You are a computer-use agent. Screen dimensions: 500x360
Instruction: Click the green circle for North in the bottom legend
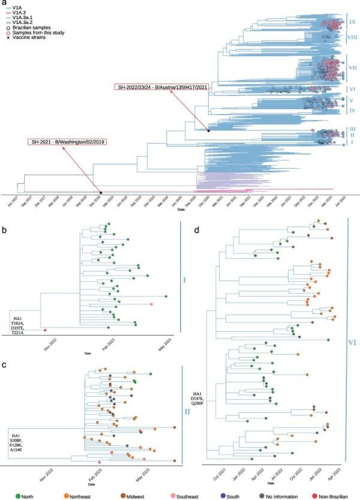(x=7, y=494)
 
